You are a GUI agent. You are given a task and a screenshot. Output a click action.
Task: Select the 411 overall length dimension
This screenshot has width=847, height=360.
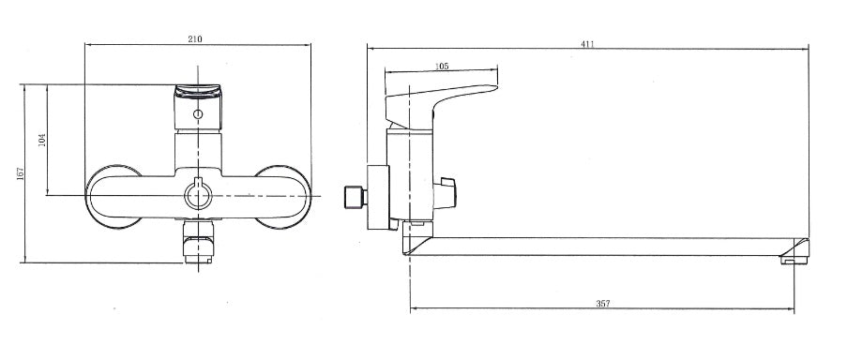click(x=588, y=43)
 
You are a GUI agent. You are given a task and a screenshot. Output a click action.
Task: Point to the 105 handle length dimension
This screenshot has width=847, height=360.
click(x=443, y=67)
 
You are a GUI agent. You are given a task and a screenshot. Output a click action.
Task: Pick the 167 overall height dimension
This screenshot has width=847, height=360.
click(x=21, y=175)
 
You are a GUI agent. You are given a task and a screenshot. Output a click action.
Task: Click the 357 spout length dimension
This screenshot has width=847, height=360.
click(x=603, y=304)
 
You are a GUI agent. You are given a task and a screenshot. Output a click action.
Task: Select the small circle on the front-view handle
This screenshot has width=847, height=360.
click(x=197, y=114)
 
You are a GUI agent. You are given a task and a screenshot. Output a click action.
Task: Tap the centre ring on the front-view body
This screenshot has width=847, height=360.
click(x=197, y=194)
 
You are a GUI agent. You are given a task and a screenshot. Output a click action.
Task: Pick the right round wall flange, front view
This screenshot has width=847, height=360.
click(x=284, y=196)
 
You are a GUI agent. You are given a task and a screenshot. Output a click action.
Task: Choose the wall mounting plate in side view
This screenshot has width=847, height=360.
click(x=377, y=196)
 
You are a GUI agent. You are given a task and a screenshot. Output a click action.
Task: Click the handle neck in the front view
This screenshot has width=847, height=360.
click(x=197, y=150)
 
